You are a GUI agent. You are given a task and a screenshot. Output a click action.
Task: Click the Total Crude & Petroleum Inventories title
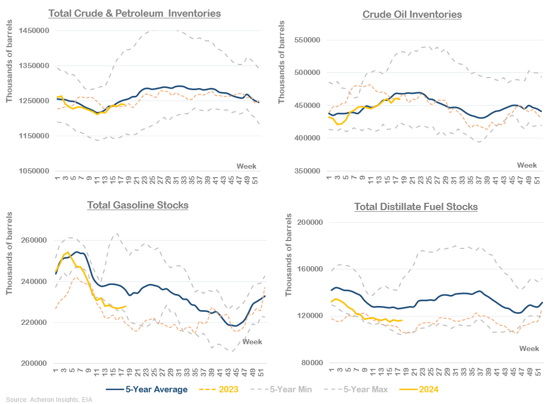pyautogui.click(x=134, y=13)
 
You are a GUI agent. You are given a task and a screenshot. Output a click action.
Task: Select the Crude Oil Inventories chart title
pyautogui.click(x=412, y=14)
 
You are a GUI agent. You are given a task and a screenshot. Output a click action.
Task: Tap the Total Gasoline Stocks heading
pyautogui.click(x=138, y=205)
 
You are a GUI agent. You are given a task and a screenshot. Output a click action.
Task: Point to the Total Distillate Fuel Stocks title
pyautogui.click(x=416, y=206)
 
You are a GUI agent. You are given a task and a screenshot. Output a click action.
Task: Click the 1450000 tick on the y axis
pyautogui.click(x=34, y=31)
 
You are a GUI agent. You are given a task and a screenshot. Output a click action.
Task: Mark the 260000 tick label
pyautogui.click(x=34, y=241)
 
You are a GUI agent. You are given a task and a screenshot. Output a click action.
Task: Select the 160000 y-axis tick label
pyautogui.click(x=310, y=269)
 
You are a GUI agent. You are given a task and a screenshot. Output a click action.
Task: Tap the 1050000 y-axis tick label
pyautogui.click(x=34, y=171)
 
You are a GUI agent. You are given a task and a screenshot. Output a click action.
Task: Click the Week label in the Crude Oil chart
pyautogui.click(x=527, y=165)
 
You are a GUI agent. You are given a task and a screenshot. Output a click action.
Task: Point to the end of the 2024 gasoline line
pyautogui.click(x=125, y=306)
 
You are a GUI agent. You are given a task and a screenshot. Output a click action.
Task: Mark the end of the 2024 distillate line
pyautogui.click(x=401, y=320)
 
